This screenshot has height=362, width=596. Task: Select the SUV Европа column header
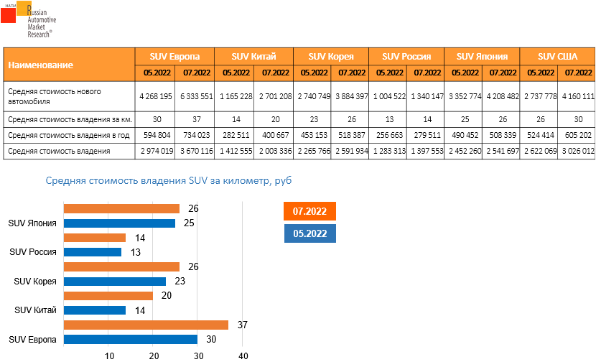[x=174, y=56]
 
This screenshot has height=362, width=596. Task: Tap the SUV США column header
[x=557, y=56]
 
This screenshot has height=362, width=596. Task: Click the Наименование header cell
[x=69, y=65]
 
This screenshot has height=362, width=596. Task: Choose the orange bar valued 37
[x=146, y=325]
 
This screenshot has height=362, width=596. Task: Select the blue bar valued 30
[x=130, y=339]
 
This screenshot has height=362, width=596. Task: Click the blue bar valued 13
[x=93, y=252]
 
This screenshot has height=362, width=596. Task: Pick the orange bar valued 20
[x=108, y=295]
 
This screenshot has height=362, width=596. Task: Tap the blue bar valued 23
[x=115, y=281]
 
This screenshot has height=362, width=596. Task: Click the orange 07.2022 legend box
[x=310, y=212]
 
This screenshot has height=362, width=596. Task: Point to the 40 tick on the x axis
[x=243, y=356]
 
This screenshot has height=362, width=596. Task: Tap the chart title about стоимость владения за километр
[x=169, y=182]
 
